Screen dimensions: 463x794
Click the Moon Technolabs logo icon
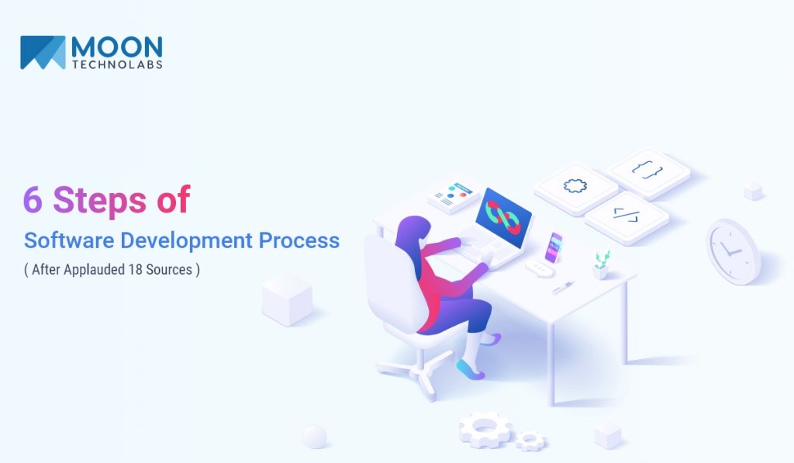(43, 52)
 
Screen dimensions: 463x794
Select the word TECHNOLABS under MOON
(116, 64)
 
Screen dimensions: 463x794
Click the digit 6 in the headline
(32, 200)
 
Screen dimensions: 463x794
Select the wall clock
(733, 251)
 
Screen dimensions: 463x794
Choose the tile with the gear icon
(575, 187)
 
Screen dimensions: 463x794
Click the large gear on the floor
(484, 428)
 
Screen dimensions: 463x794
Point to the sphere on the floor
(315, 436)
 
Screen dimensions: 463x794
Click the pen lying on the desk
(562, 287)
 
